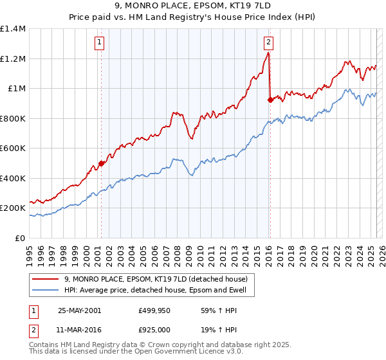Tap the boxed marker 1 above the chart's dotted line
coord(100,43)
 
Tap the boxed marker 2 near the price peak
coord(268,43)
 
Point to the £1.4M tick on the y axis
coord(14,29)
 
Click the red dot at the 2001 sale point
coord(102,163)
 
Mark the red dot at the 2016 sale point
coord(270,100)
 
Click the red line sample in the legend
coord(46,279)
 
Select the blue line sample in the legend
coord(46,290)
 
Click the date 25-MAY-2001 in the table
coord(80,310)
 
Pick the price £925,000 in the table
coord(154,330)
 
